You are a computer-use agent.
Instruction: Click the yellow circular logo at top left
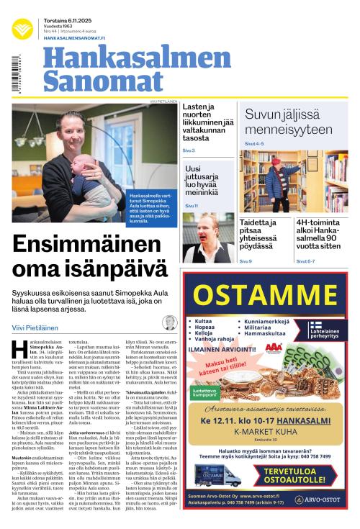[x=22, y=28]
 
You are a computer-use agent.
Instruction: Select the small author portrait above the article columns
[x=169, y=322]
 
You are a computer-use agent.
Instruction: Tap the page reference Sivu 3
[x=189, y=150]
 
